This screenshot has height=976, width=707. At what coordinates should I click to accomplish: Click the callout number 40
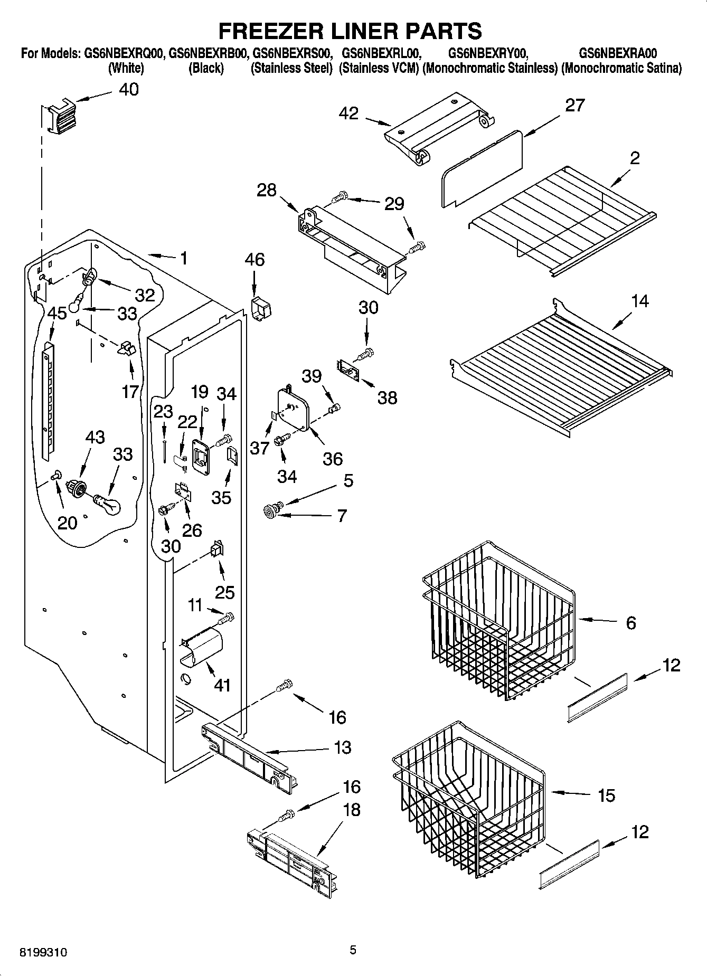(129, 89)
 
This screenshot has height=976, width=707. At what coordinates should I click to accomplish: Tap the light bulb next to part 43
(108, 504)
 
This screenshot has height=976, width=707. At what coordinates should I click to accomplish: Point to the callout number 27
(575, 106)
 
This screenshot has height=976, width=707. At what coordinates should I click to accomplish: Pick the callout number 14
(639, 301)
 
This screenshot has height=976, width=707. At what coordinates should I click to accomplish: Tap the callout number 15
(606, 795)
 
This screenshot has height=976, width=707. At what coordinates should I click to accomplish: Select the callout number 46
(254, 260)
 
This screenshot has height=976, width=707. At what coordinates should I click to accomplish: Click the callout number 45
(57, 313)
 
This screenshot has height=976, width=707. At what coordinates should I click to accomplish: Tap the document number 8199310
(43, 953)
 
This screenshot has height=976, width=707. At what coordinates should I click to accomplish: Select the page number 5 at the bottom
(353, 950)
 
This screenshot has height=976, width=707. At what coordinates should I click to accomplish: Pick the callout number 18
(352, 810)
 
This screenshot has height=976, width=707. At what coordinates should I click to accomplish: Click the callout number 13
(343, 747)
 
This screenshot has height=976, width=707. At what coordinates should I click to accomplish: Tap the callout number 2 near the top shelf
(635, 158)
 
